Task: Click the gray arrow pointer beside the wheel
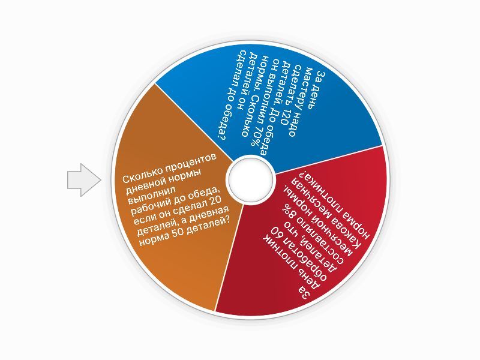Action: [84, 180]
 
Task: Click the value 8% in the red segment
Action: [290, 218]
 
